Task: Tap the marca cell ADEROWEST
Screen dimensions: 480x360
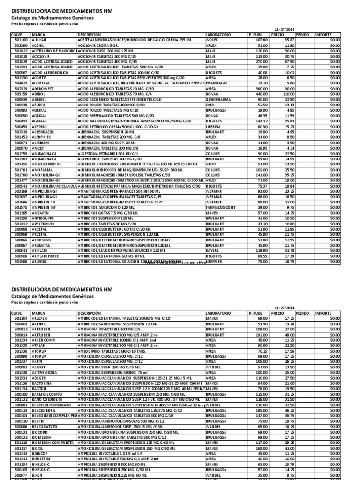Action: [x=43, y=89]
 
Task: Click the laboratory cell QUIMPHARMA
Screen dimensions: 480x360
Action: [x=217, y=100]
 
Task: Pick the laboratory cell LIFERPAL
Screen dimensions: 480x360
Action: [x=214, y=127]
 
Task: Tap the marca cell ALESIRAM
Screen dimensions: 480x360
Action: [x=41, y=142]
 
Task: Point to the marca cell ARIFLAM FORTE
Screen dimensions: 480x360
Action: [x=46, y=256]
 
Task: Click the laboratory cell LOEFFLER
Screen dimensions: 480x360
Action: [x=214, y=262]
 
